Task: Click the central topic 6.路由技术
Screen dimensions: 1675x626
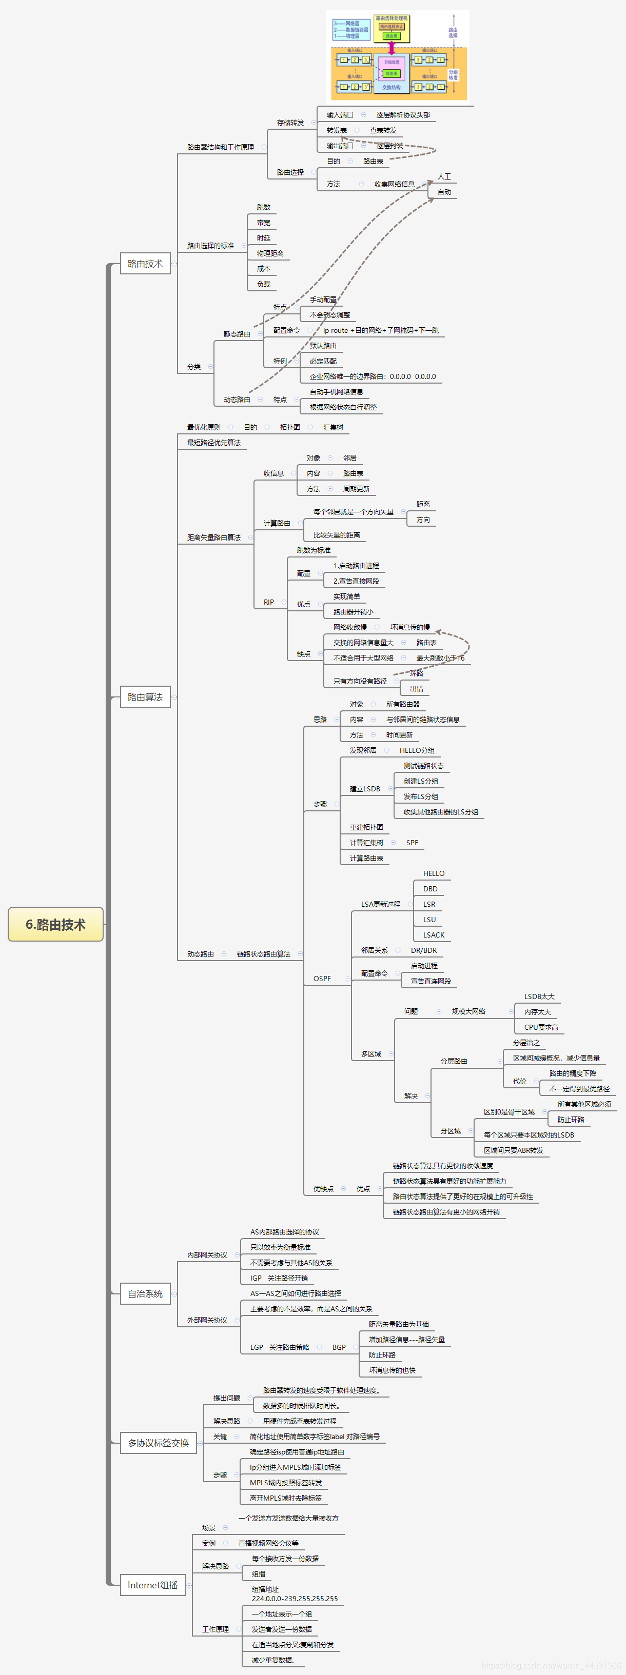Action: click(x=55, y=924)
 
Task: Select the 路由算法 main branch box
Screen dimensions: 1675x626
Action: click(x=145, y=697)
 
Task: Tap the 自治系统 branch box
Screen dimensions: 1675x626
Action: click(x=145, y=1294)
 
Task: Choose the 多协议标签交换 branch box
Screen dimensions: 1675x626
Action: click(x=158, y=1443)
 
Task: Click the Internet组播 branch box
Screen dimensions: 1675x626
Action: click(x=153, y=1585)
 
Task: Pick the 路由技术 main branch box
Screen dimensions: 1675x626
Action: click(x=145, y=263)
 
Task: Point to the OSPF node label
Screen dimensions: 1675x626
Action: click(x=322, y=979)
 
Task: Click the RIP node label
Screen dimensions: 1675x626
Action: click(x=269, y=602)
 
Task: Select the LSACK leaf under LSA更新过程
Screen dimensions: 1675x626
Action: click(x=434, y=935)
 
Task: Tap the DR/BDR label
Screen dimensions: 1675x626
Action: click(x=424, y=951)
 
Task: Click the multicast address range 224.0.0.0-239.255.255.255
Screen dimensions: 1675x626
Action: click(x=295, y=1598)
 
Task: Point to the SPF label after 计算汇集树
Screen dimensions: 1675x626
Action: click(x=412, y=843)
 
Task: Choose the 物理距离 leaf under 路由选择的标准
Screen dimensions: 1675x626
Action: click(x=270, y=253)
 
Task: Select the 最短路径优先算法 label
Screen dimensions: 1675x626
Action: click(x=214, y=443)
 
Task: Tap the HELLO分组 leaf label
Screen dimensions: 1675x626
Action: click(x=417, y=750)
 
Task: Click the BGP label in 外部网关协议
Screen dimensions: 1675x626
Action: click(x=339, y=1347)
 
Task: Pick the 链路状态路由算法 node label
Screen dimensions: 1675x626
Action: click(x=264, y=954)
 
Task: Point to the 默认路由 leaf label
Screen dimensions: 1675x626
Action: click(x=323, y=346)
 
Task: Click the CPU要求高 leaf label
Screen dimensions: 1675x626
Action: click(x=541, y=1027)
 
